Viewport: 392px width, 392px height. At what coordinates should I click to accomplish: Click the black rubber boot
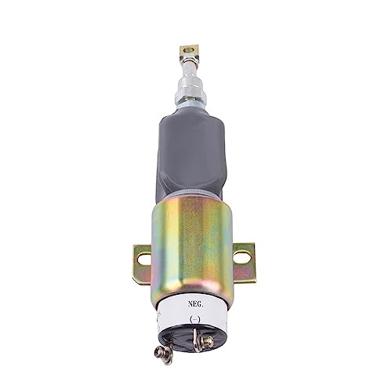tap(193, 157)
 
